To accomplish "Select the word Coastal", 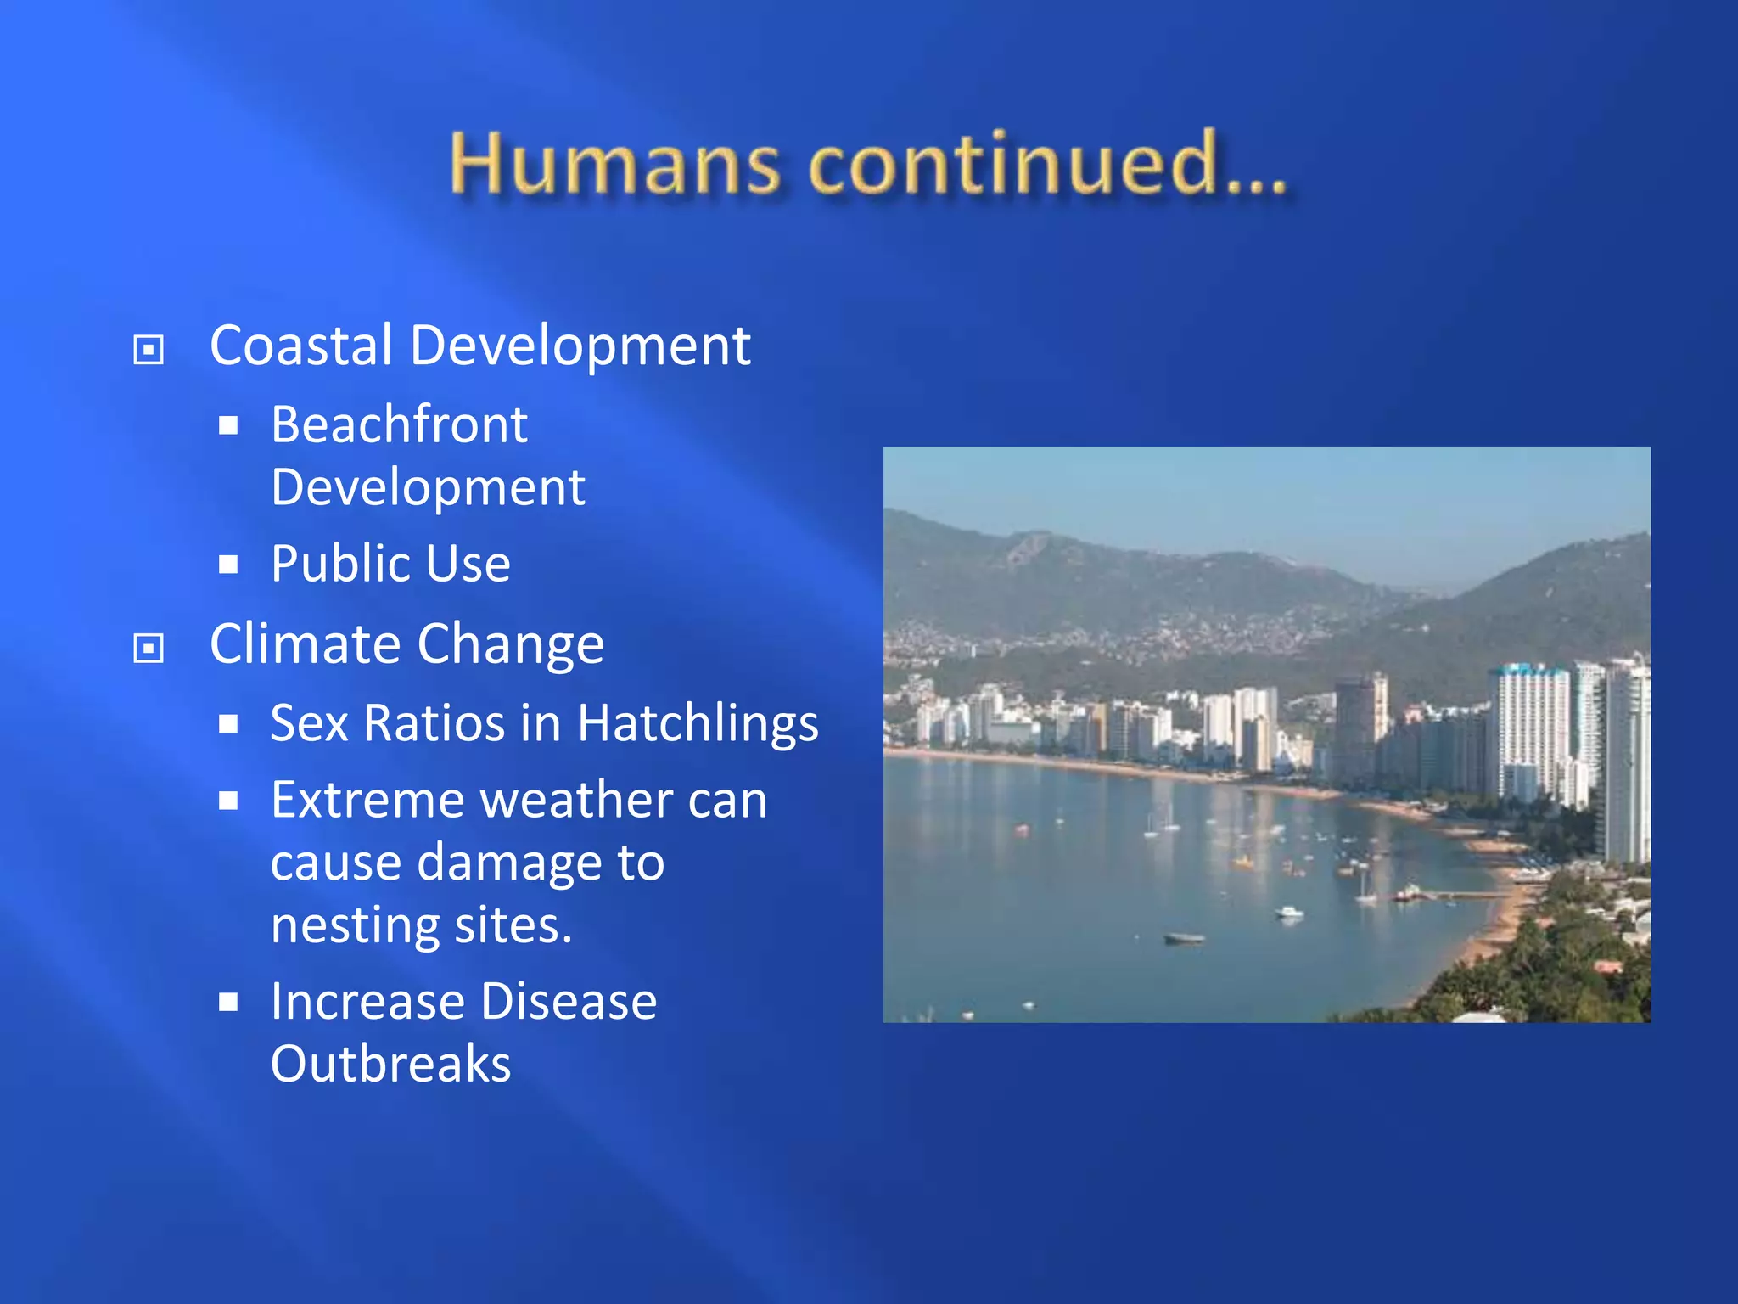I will click(300, 346).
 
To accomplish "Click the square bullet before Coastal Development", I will click(149, 349).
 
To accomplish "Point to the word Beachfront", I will click(399, 424).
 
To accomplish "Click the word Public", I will click(339, 564).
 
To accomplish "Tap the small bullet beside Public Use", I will click(227, 565).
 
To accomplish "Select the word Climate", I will click(306, 644).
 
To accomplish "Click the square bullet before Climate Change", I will click(149, 649).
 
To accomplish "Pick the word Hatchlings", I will click(698, 723).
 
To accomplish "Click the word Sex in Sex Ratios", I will click(308, 723).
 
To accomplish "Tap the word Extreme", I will click(368, 801).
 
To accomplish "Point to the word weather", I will click(577, 801).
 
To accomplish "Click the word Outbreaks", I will click(390, 1065).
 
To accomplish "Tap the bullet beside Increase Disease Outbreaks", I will click(227, 1003).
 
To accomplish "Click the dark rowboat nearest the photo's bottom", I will click(1184, 938).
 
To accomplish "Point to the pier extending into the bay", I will click(1460, 895).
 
